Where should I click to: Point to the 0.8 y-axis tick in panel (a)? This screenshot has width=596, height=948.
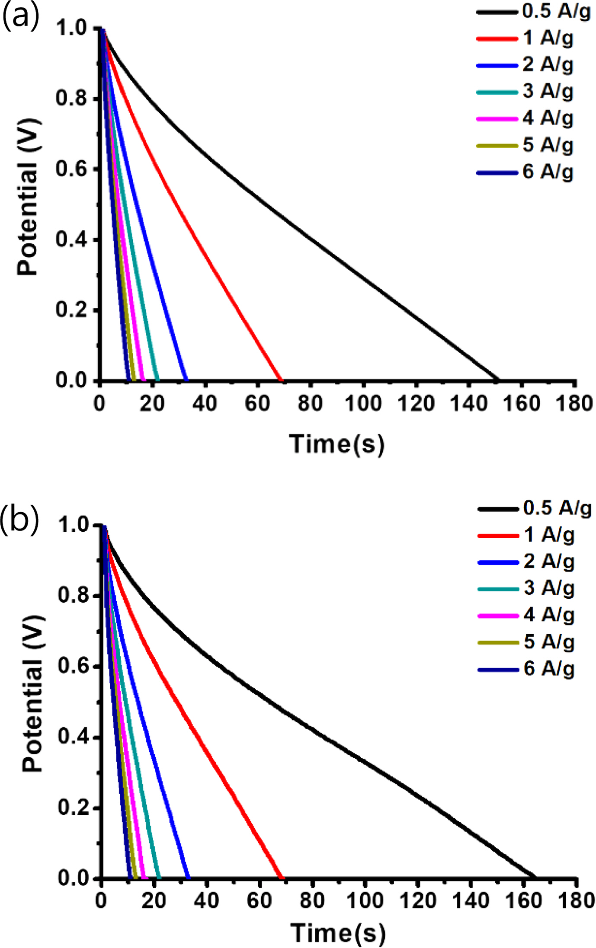pos(72,98)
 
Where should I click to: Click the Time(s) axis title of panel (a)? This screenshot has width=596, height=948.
pos(336,444)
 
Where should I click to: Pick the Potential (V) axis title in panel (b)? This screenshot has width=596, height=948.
pos(32,694)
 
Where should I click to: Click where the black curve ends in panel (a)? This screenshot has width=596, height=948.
pos(498,380)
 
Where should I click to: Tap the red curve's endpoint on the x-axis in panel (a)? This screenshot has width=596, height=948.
pos(282,380)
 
